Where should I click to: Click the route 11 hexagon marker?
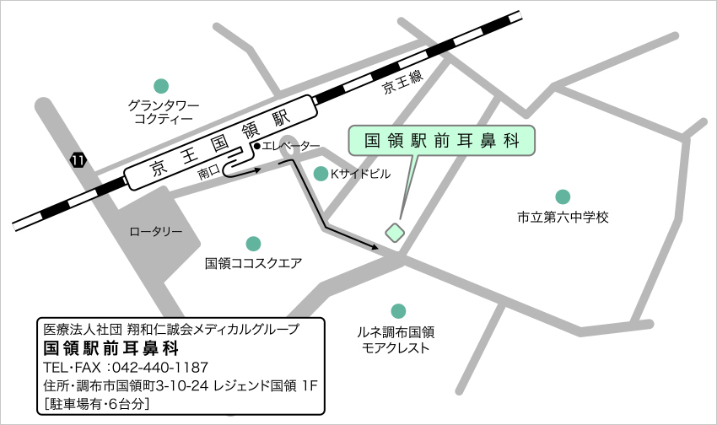(x=78, y=159)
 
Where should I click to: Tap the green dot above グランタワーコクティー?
(x=160, y=85)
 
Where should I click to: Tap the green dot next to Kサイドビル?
(x=321, y=174)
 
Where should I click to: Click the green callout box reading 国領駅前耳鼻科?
(x=444, y=141)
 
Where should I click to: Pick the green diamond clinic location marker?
(x=395, y=229)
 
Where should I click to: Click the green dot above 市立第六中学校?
(x=562, y=197)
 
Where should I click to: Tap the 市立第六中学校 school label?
(x=563, y=218)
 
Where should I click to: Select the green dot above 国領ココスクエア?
(x=253, y=244)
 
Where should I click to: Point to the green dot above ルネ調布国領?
(x=397, y=311)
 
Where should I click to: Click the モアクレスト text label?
(x=396, y=347)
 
